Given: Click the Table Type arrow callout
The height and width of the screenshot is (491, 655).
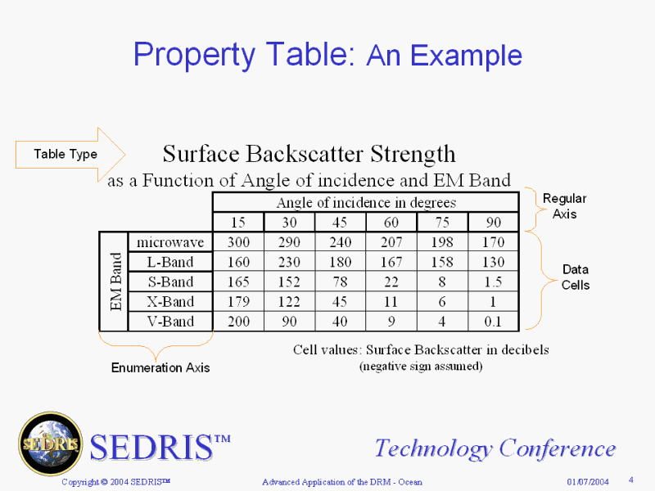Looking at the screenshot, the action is coord(67,155).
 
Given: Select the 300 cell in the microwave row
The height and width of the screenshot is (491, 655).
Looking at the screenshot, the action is coord(238,242).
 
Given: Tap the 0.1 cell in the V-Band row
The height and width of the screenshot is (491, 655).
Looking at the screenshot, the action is coord(493,322).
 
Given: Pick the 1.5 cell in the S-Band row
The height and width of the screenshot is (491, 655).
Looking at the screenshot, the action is coord(493,282).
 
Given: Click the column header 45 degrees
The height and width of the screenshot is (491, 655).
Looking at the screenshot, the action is coord(340,222).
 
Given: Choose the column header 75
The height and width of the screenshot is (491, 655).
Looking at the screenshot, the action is coord(442,222).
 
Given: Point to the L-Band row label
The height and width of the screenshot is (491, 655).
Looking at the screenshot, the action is coord(170,262).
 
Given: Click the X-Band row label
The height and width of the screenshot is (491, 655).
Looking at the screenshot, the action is coord(170,301).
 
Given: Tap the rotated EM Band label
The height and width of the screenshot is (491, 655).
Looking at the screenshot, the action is coord(115,282).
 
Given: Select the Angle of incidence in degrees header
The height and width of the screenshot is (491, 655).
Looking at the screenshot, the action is coord(366,202).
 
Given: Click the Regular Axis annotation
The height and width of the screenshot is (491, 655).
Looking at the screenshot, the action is coord(564,206).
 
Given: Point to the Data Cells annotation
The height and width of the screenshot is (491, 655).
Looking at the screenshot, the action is coord(576,277).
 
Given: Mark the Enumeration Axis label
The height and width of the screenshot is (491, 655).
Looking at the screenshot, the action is coord(160,367).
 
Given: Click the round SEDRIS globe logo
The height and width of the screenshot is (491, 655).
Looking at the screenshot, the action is coord(51,444).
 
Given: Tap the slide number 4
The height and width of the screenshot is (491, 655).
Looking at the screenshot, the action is coord(630,480).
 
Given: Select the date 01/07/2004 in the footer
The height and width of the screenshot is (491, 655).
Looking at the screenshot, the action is coord(588,482).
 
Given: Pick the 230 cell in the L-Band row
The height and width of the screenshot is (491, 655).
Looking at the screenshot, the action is coord(290,262).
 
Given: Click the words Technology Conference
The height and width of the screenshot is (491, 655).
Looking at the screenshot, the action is coord(495,448).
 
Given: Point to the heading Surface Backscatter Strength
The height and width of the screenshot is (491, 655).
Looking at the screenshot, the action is coord(309,154).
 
